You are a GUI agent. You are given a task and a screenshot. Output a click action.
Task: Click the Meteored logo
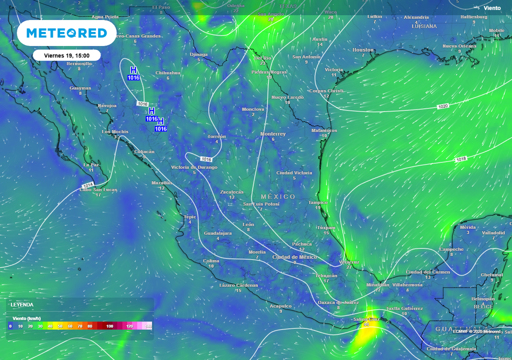66,33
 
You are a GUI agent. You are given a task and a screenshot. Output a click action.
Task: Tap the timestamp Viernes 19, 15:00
67,55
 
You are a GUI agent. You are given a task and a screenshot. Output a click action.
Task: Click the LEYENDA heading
22,304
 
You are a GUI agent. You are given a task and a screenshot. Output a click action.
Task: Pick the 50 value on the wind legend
60,326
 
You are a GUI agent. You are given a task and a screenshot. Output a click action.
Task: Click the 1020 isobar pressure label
443,106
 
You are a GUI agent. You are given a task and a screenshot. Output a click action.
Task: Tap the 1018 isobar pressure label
461,159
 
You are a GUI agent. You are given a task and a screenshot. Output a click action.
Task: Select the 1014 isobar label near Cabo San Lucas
87,185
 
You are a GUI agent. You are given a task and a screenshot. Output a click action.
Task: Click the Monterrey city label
273,134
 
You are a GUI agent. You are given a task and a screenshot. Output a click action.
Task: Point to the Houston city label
363,50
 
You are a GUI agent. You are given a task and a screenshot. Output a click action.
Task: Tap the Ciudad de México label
294,257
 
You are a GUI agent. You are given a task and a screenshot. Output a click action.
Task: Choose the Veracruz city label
349,262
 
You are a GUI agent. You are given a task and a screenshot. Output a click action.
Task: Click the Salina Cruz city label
366,319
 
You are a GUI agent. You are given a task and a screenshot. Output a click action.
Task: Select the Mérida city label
467,227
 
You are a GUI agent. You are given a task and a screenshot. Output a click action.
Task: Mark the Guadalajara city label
217,233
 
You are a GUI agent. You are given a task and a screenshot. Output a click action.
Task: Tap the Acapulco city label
280,306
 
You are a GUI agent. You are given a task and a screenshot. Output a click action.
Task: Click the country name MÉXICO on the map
278,197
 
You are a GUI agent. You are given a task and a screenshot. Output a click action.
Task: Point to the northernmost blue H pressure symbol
133,70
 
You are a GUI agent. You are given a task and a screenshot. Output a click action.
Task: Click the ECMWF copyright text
476,331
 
